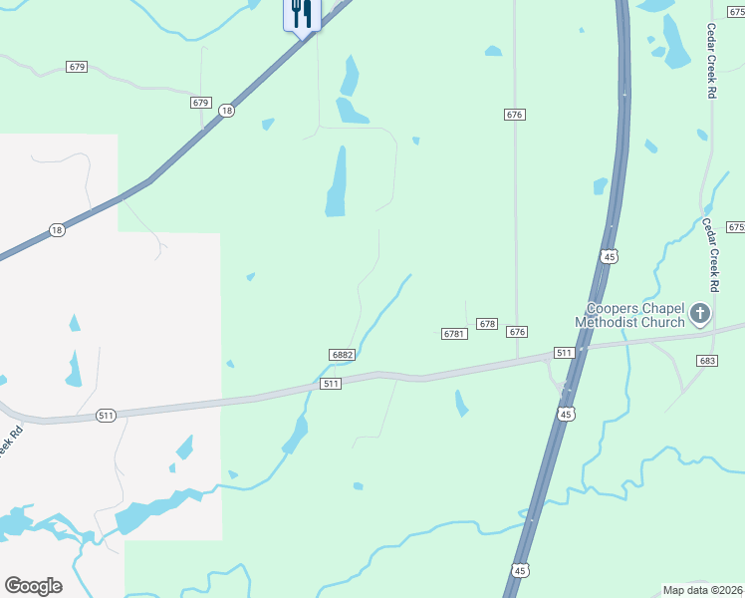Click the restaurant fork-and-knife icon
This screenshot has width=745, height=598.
tap(302, 14)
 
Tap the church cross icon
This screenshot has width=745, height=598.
tap(700, 315)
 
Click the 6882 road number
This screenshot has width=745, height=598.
tap(343, 355)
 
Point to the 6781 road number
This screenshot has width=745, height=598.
tap(454, 334)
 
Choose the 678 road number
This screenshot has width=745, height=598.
tap(487, 324)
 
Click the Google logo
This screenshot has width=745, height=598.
tap(33, 586)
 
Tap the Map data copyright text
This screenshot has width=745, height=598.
tap(703, 590)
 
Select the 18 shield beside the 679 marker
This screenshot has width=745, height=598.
tap(227, 111)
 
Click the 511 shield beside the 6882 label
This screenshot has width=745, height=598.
tap(332, 384)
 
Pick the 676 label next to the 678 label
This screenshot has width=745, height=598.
tap(516, 331)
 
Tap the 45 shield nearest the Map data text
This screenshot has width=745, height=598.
tap(520, 569)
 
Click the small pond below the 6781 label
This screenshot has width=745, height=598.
tap(461, 403)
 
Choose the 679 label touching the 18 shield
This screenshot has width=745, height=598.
tap(201, 103)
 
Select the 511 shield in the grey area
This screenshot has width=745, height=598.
tap(107, 415)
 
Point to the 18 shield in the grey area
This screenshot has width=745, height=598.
tap(57, 230)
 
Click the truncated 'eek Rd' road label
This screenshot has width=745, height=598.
tap(9, 445)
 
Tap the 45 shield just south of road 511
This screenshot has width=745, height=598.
tap(566, 414)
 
